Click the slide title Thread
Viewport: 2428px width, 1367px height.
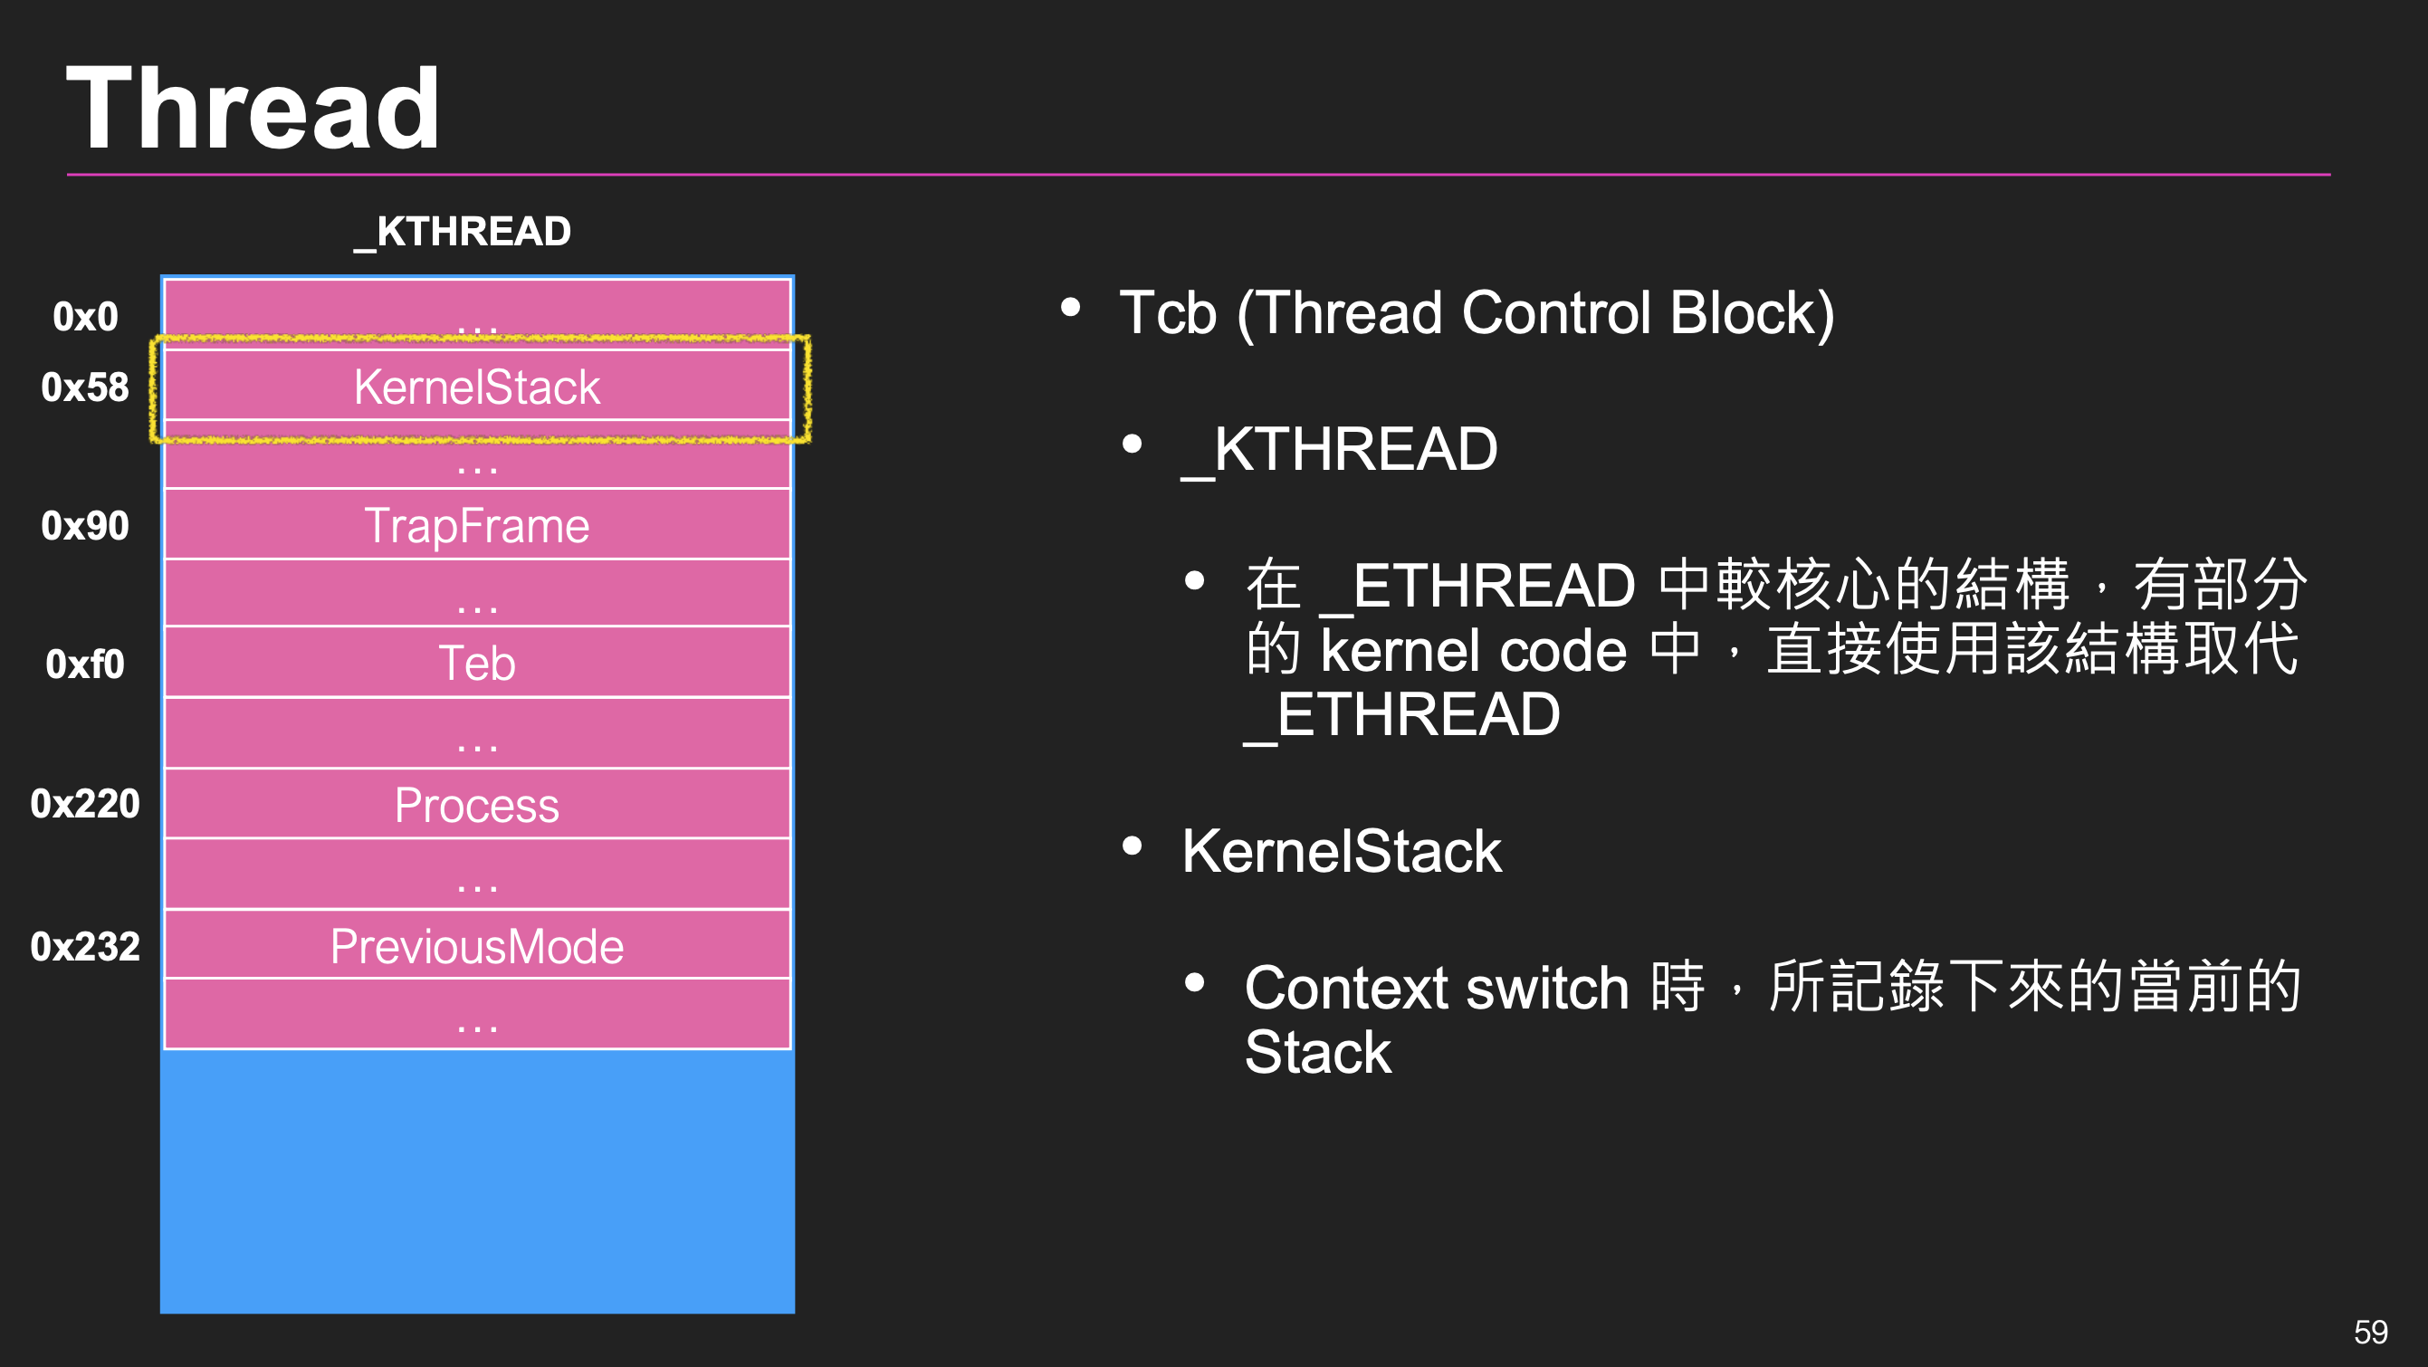pos(253,110)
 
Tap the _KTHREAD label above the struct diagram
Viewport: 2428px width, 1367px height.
pos(463,232)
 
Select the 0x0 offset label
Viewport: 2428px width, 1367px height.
pos(85,317)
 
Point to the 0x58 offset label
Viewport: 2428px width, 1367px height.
pos(85,387)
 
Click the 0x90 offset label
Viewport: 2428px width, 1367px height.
pos(85,526)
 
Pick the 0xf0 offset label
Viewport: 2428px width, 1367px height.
pos(85,664)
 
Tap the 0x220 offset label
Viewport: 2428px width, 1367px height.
pos(85,804)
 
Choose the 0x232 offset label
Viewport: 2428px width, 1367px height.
pos(85,947)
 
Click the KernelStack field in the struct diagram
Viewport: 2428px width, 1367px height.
pos(477,387)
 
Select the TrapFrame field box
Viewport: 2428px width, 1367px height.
pos(477,525)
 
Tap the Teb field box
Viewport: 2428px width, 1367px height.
pos(477,663)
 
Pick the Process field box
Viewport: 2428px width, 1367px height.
pos(477,805)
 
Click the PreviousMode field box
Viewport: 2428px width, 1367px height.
pos(477,946)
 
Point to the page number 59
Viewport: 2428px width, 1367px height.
pos(2369,1332)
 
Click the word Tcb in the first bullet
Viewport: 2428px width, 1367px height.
pos(1167,313)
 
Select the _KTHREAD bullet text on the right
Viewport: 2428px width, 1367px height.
pos(1339,449)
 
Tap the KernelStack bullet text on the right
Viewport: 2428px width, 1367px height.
pos(1342,851)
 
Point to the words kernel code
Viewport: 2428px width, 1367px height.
pos(1473,651)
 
